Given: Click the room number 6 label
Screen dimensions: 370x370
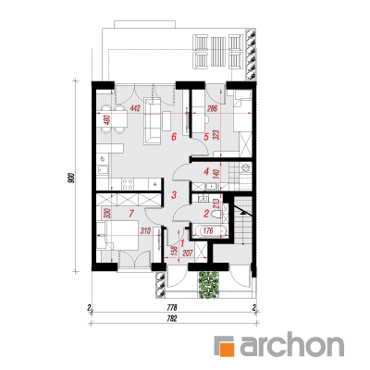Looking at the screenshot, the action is point(174,136).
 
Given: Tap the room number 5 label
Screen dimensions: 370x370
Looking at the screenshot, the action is point(206,136).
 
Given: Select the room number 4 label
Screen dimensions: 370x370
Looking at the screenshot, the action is point(206,171).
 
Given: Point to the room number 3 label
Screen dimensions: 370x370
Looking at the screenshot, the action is point(174,195).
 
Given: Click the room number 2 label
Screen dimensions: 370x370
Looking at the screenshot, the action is point(206,213).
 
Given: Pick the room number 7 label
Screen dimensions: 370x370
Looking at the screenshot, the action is point(131,213).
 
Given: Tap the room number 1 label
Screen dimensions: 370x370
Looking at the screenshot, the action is point(182,243).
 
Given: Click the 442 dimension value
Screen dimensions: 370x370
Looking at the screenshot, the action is point(135,108).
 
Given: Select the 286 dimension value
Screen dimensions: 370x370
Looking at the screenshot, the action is point(213,108).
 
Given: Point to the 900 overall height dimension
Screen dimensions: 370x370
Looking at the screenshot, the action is point(71,178).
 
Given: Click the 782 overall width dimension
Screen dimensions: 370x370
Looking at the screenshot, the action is point(172,318).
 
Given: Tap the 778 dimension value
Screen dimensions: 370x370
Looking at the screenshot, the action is point(172,307).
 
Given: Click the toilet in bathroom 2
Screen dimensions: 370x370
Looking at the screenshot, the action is point(217,214).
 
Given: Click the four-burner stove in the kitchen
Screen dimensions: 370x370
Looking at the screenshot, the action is point(128,184).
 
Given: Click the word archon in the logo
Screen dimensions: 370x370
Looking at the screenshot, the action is point(291,344).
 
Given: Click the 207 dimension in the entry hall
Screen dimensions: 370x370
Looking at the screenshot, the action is point(188,253).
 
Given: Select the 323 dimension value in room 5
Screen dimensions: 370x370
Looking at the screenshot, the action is point(216,135).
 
